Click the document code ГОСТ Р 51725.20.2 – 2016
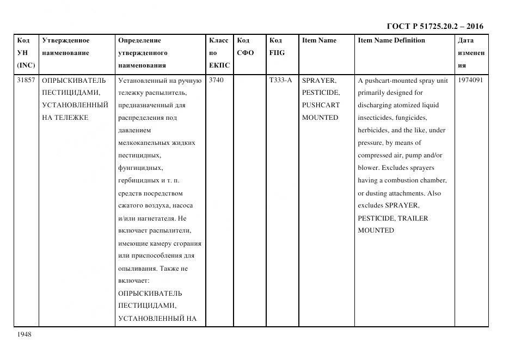coord(434,26)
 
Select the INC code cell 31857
coord(26,80)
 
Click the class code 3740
coord(216,80)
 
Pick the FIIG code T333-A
coord(280,80)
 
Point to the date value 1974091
coord(470,80)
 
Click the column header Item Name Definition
coord(391,40)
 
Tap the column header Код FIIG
coord(277,47)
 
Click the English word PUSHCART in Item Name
coord(321,105)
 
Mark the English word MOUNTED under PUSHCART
coord(320,118)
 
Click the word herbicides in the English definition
coord(373,130)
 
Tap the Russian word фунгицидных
coord(140,168)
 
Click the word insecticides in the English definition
coord(376,118)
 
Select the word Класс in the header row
coord(219,40)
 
